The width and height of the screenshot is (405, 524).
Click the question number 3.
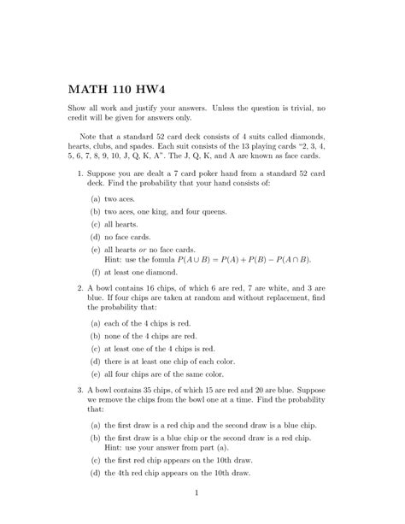pos(80,393)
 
